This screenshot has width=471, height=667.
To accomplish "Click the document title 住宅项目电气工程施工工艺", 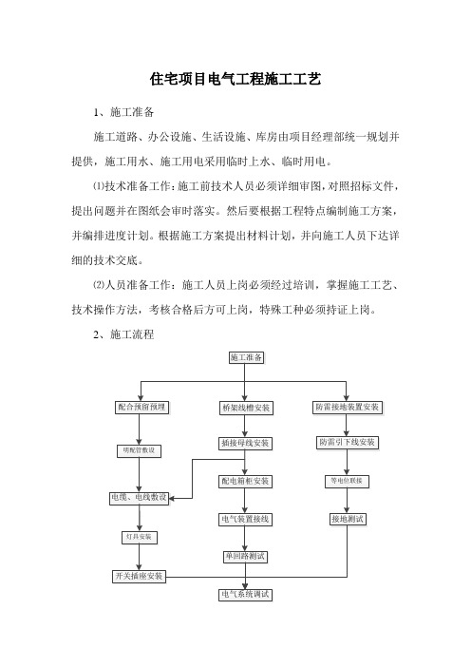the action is tap(235, 79).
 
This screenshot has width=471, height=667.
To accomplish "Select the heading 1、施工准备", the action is tap(123, 112).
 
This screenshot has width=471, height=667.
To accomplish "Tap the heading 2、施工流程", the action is tap(123, 334).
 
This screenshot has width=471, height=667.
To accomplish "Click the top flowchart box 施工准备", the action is tap(246, 357).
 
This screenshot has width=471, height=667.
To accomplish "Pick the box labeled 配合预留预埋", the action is tap(142, 407).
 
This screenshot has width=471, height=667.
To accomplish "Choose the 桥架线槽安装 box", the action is tap(246, 408).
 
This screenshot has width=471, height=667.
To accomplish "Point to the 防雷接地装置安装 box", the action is tap(348, 407).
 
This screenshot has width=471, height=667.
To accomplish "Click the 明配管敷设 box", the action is tap(139, 451).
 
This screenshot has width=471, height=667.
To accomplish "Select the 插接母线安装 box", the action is tap(245, 444).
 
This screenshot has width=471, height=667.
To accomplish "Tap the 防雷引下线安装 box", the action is tap(348, 443).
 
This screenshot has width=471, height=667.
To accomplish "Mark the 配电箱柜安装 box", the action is tap(245, 481).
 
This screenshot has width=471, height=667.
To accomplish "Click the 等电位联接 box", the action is tap(347, 481).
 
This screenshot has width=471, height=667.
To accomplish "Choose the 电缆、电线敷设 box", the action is tap(139, 498).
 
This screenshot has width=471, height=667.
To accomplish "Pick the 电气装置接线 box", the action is tap(245, 520).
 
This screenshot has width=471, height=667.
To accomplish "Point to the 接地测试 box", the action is tap(348, 519).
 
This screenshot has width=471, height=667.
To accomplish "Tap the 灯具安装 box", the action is tap(139, 537).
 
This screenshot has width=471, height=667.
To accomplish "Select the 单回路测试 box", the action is tap(245, 557).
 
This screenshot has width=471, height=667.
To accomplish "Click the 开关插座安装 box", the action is tap(139, 577).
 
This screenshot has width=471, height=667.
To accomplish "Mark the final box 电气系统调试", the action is tap(245, 594).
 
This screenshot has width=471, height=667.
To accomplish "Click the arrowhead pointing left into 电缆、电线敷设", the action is tap(172, 498).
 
